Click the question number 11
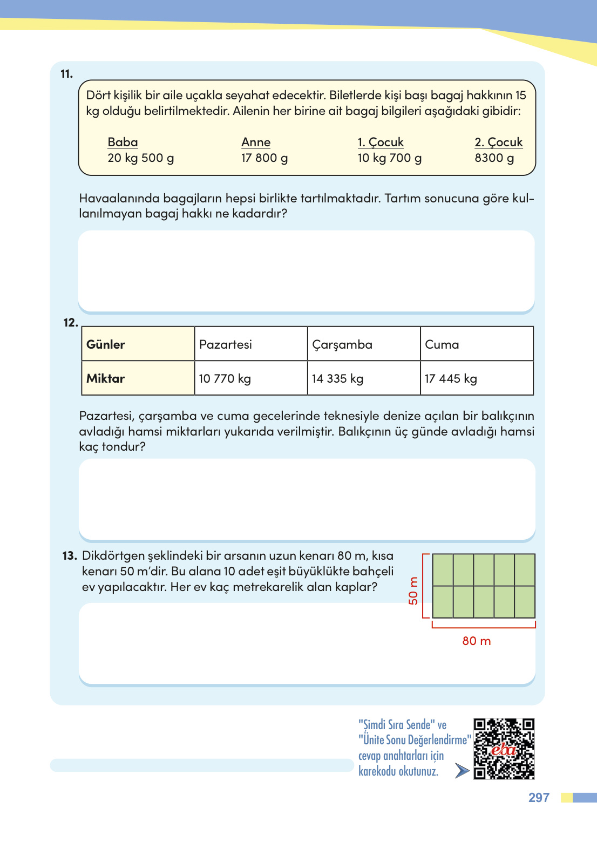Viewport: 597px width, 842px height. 66,74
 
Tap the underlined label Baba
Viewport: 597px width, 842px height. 123,142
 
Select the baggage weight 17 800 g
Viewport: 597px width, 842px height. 264,158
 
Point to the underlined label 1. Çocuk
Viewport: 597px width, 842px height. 381,142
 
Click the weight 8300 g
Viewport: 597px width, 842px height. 494,158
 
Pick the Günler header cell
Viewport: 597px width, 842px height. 138,344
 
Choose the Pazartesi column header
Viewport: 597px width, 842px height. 250,344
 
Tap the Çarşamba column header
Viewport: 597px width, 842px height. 363,344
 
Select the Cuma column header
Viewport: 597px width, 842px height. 477,344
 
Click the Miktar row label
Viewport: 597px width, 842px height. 138,378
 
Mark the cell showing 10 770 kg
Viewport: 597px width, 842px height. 250,378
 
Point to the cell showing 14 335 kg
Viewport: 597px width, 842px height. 363,378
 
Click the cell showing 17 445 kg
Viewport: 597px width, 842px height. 477,378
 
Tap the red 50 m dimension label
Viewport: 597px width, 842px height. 413,590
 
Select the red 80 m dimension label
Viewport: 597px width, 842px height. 477,641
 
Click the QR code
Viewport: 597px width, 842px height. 504,749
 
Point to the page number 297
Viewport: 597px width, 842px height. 539,798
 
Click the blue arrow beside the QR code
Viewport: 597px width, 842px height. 462,771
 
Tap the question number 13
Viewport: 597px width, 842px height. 70,556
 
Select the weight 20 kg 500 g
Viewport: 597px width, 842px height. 141,158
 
